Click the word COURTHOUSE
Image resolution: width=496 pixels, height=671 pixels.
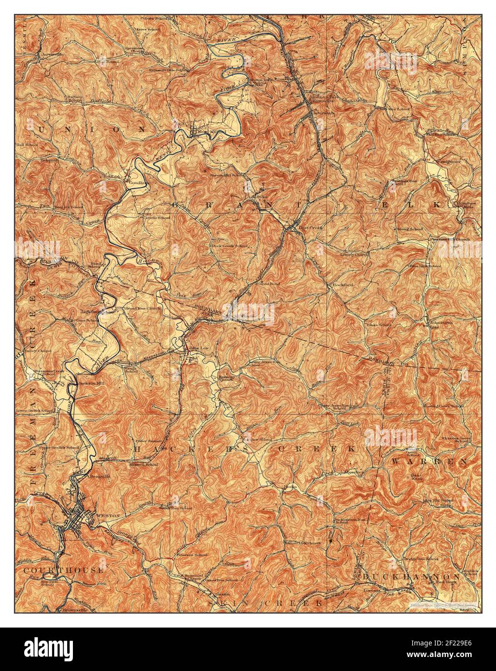(63, 571)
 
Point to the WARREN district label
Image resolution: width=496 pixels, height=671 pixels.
(429, 461)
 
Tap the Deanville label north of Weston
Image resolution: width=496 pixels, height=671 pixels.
(100, 475)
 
